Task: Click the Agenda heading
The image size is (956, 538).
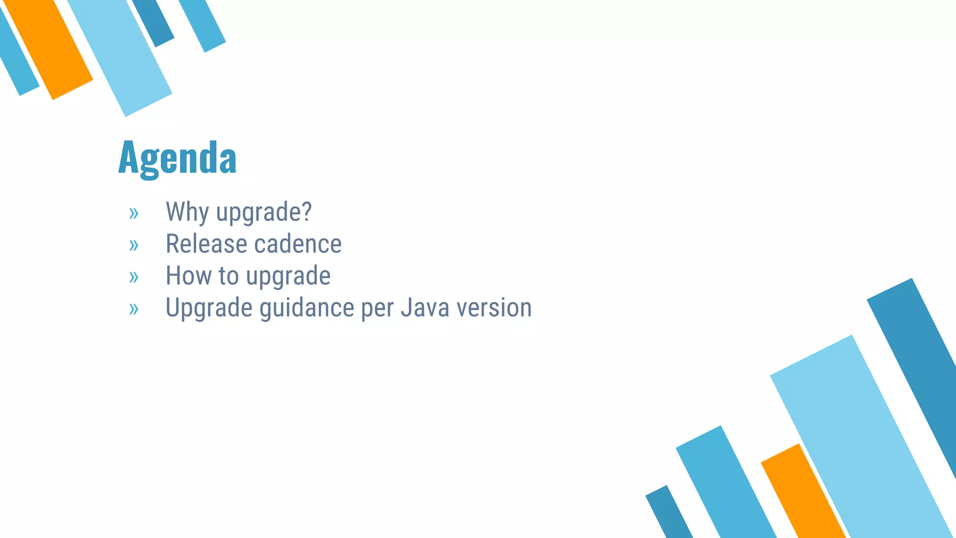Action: coord(177,158)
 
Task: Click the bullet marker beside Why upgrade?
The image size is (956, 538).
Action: coord(134,213)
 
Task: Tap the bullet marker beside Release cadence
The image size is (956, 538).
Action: coord(134,245)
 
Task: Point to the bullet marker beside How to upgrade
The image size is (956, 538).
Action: coord(134,277)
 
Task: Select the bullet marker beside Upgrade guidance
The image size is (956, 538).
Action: coord(134,309)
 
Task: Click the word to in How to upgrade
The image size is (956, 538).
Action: coord(229,276)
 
